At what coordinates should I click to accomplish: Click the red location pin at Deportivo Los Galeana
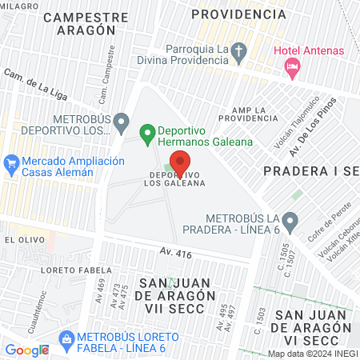(182, 162)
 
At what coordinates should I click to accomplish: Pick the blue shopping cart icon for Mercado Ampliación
(11, 165)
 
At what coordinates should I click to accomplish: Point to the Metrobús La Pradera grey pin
(290, 221)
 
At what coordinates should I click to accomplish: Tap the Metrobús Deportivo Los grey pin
(121, 122)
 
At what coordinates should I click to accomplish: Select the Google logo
(26, 350)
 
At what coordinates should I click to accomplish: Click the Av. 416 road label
(176, 253)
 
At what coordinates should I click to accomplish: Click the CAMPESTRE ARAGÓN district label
(86, 23)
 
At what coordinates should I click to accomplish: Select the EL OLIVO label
(21, 239)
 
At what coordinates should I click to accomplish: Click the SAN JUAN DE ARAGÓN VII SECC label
(178, 296)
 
